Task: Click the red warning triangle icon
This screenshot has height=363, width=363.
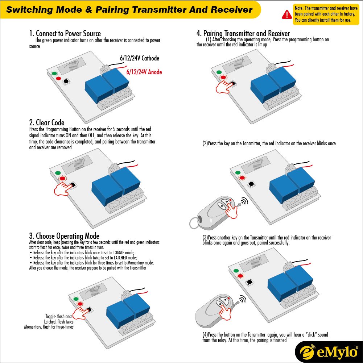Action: [x=287, y=14]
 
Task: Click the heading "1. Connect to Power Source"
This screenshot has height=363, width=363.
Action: [x=65, y=34]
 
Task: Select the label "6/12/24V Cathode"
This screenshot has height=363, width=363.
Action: [x=140, y=58]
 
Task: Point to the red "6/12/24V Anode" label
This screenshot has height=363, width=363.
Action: [x=144, y=72]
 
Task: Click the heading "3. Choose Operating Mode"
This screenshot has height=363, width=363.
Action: [x=64, y=236]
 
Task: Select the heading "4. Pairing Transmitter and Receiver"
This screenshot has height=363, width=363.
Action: [x=243, y=34]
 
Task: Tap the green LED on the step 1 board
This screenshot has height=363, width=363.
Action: [x=54, y=74]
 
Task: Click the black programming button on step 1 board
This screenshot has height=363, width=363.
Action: [x=66, y=82]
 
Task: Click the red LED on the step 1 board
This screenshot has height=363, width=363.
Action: [x=58, y=78]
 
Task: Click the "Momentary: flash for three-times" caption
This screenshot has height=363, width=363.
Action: [x=49, y=327]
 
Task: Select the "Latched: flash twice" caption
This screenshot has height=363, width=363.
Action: [x=59, y=322]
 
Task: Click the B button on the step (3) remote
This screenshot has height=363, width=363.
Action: [x=219, y=304]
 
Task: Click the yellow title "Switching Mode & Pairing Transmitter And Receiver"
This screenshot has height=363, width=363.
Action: [x=129, y=10]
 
